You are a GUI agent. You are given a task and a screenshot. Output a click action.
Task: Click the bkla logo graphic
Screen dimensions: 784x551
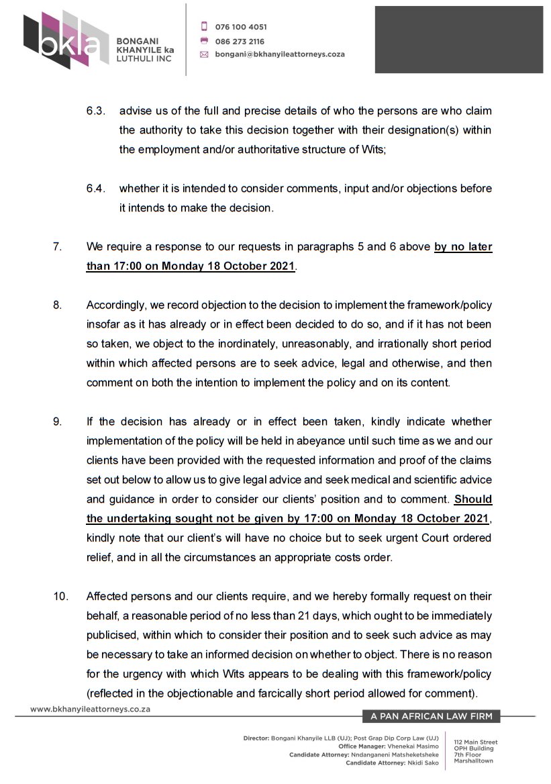tap(65, 40)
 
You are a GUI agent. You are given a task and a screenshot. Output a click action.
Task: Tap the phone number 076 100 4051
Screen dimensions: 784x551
tap(240, 27)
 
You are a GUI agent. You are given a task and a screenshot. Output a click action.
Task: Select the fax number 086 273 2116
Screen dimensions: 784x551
tap(240, 41)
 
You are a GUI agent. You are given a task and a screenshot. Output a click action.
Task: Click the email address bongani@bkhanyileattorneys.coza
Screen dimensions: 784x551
tap(280, 54)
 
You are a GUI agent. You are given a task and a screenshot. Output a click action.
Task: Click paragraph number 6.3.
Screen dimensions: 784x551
tap(95, 111)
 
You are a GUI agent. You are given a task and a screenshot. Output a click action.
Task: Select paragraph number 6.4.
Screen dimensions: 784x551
tap(95, 189)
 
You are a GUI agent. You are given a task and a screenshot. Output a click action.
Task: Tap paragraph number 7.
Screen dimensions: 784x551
tap(57, 247)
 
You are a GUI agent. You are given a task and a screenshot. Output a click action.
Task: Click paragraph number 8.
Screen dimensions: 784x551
tap(57, 305)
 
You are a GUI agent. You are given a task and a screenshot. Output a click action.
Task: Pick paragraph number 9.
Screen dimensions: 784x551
tap(57, 422)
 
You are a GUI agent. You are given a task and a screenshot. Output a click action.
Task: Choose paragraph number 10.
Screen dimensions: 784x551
tap(60, 597)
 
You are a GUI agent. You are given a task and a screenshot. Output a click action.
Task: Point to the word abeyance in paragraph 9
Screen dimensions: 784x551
tap(287, 442)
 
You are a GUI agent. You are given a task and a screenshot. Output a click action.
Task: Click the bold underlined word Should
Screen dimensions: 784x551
tap(472, 500)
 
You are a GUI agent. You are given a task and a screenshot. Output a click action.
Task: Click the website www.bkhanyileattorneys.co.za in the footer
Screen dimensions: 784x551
tap(90, 709)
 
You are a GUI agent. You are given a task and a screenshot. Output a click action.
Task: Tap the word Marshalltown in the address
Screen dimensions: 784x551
tap(473, 761)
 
